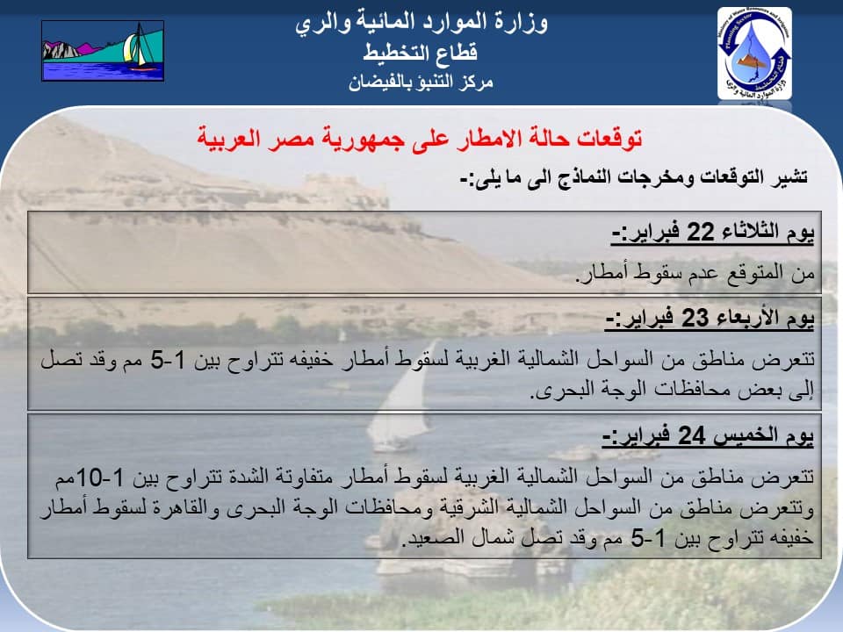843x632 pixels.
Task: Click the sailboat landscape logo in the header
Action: click(103, 51)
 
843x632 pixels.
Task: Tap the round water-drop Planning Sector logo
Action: click(754, 54)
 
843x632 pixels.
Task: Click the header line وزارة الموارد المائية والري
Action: click(421, 24)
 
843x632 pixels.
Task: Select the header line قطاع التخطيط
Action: click(421, 53)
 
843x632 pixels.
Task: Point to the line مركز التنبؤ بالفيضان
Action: click(421, 83)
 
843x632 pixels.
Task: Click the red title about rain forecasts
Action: click(420, 139)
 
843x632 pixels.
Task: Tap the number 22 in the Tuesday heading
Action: click(700, 232)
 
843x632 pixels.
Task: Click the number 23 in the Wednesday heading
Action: click(695, 318)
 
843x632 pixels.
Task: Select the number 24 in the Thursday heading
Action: click(691, 435)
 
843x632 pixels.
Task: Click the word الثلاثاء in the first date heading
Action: click(749, 232)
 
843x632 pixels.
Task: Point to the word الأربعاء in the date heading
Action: click(746, 318)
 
